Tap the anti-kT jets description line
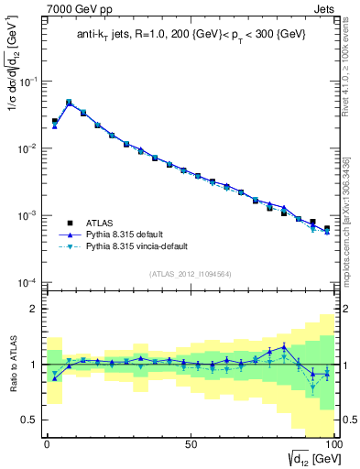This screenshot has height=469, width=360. [189, 37]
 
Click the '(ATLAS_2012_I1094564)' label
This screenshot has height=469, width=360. [189, 274]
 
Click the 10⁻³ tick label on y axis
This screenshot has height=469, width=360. [27, 215]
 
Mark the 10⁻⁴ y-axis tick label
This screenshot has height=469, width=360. [27, 282]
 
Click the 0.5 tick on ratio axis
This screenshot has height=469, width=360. [28, 420]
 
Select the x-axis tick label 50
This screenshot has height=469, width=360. [190, 442]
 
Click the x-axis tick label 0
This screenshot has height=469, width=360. [47, 442]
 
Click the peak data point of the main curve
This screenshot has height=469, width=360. [69, 103]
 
